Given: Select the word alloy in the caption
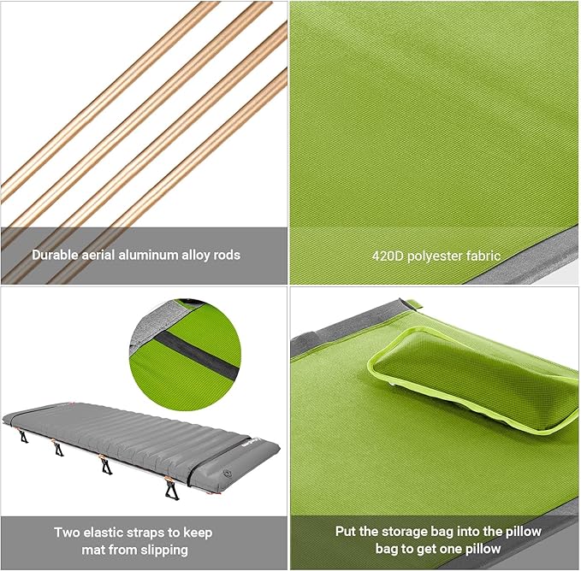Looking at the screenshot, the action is tap(196, 256).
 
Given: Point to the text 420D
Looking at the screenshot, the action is tap(388, 256).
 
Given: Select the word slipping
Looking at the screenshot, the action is tap(164, 550).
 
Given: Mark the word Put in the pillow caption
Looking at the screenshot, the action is tap(346, 532).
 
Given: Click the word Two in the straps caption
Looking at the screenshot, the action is tap(67, 533).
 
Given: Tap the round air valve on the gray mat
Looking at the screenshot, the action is tap(226, 474).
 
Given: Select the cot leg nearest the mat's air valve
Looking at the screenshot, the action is tap(171, 488).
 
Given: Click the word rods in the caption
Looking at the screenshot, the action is tap(227, 255).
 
